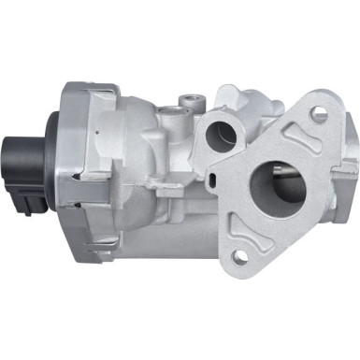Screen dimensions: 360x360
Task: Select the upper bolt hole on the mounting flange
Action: [320, 115]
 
